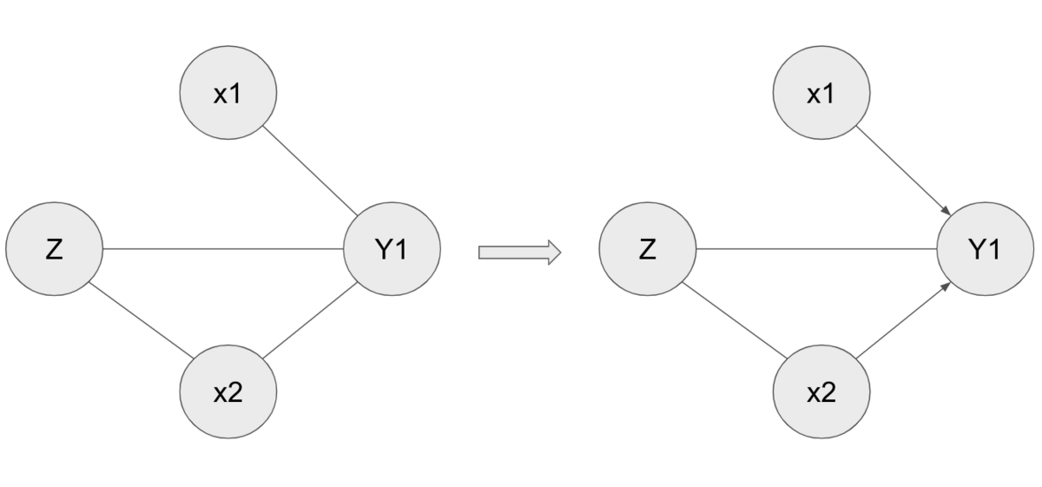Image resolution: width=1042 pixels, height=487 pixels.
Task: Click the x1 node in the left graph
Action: (x=228, y=93)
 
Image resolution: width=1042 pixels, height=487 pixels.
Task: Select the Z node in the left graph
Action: (x=55, y=249)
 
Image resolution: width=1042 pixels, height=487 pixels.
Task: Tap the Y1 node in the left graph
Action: (x=392, y=249)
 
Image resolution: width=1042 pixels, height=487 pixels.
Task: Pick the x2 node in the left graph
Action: (x=228, y=392)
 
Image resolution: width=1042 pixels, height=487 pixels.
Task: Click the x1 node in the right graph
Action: (x=821, y=93)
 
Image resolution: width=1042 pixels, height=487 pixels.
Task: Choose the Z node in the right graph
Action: (x=648, y=249)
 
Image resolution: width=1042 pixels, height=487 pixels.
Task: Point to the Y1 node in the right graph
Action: (x=986, y=249)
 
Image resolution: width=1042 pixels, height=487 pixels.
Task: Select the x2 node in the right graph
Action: (x=821, y=392)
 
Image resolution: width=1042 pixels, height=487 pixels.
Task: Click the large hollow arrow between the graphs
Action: (x=520, y=253)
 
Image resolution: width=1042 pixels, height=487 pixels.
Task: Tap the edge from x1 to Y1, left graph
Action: (x=310, y=171)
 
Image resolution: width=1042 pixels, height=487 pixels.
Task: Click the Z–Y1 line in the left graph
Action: (x=223, y=249)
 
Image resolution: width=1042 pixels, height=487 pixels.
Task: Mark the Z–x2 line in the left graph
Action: (x=141, y=320)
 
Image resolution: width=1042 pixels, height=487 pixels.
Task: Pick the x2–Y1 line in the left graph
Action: (x=310, y=320)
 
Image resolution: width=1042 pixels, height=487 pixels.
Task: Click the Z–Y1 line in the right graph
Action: (x=816, y=249)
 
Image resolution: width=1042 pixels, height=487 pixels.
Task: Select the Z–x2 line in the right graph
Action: (x=735, y=320)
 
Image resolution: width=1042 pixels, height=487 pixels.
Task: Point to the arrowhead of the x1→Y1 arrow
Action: (x=946, y=211)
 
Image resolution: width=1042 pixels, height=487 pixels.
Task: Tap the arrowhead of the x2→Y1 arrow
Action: (x=946, y=286)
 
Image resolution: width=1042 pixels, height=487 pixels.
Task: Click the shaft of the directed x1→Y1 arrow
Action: (x=900, y=168)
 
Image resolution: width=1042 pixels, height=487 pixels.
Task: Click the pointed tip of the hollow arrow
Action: (x=562, y=253)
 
